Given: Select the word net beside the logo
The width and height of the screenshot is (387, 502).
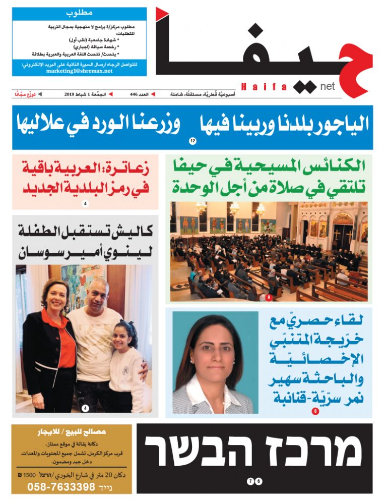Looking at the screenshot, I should [x=327, y=87].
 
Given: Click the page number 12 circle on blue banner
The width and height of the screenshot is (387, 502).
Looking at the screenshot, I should [x=192, y=141].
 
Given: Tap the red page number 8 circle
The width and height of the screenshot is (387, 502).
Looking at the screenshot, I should [x=315, y=412].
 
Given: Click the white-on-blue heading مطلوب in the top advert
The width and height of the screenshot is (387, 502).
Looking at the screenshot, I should [x=79, y=12].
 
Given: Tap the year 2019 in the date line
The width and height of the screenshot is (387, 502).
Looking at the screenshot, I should [x=70, y=94].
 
